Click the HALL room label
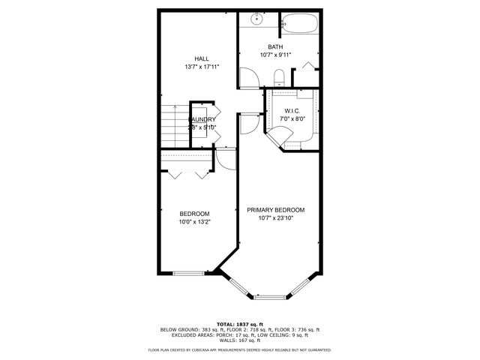click(201, 58)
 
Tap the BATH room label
click(275, 46)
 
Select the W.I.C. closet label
click(292, 110)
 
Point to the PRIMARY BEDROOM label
click(276, 210)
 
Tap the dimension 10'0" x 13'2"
click(194, 222)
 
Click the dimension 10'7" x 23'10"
click(276, 219)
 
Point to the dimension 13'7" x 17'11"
click(201, 67)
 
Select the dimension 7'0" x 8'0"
click(292, 118)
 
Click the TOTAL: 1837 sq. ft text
click(239, 322)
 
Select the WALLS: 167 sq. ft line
click(239, 340)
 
